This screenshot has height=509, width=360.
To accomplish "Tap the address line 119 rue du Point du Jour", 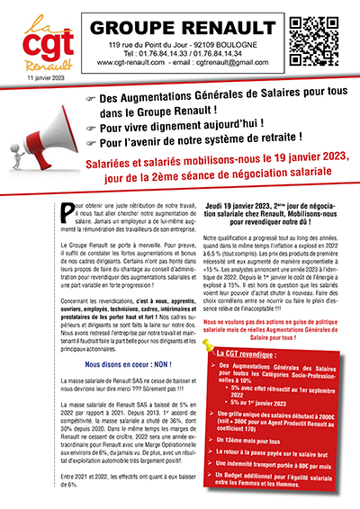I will point(184,45).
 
